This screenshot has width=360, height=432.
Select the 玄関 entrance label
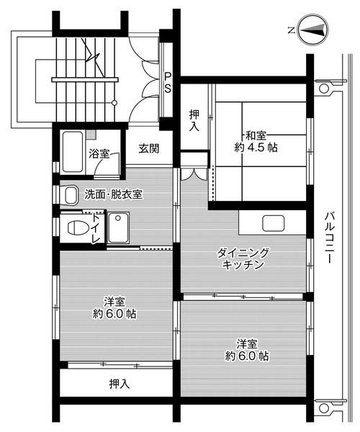149,149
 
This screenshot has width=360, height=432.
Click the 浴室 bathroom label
99,153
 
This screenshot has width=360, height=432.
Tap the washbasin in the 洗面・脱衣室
70,194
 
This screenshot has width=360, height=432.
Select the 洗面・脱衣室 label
113,194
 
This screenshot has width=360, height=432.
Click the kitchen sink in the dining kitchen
274,222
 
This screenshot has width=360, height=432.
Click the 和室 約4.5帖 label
260,140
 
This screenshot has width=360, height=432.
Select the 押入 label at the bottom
120,383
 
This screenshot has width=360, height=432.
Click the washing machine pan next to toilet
117,229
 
